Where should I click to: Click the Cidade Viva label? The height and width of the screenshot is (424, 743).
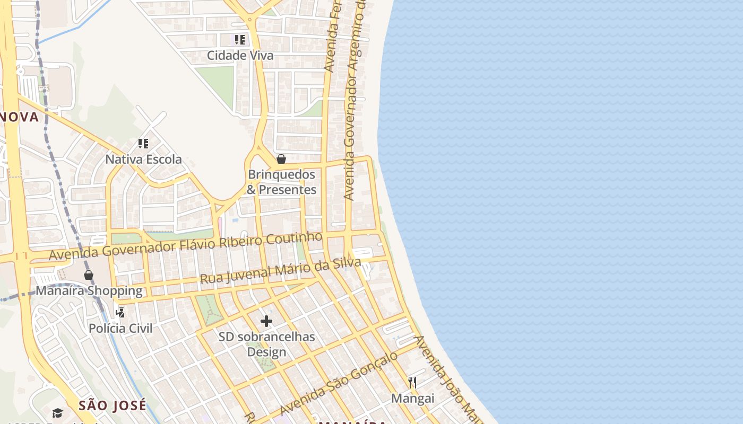coord(240,55)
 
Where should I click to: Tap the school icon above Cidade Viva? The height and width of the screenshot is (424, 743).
coord(240,39)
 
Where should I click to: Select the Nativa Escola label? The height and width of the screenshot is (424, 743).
coord(143,159)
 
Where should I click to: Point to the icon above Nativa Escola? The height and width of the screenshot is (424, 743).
coord(143,143)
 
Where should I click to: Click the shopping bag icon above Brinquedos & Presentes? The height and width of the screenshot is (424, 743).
coord(281,158)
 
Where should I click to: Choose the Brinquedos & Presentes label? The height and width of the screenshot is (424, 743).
coord(282,182)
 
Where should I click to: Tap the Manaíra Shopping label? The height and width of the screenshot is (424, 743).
coord(89,290)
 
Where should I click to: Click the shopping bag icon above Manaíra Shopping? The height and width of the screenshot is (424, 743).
coord(89,275)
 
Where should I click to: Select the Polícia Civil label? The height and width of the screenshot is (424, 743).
coord(120,328)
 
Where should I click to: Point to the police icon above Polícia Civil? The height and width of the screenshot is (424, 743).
coord(120,312)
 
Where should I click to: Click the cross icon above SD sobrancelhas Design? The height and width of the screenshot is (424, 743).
coord(266,321)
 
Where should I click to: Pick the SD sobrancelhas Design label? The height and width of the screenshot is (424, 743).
coord(266,344)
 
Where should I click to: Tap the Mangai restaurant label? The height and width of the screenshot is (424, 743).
coord(412,398)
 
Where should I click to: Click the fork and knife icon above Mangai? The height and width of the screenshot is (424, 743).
coord(412,382)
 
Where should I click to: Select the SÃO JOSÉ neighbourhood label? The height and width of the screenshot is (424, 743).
coord(113,406)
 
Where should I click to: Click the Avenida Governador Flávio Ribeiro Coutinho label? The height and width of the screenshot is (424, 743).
coord(186,246)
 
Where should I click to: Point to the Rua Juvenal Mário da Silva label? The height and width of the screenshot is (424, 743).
coord(280,270)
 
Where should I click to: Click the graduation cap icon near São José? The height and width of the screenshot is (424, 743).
coord(57,413)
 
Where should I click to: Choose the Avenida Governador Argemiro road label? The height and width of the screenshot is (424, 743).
coord(355,101)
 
